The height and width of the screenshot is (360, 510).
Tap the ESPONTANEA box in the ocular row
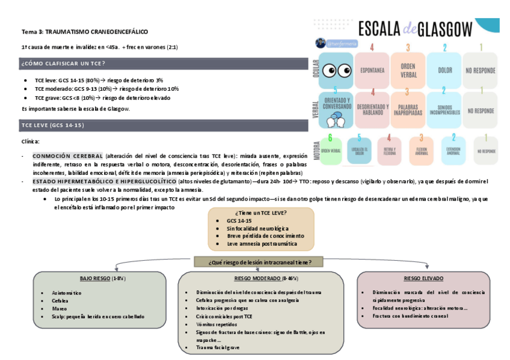tap(372, 70)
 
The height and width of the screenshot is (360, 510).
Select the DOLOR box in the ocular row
tap(444, 70)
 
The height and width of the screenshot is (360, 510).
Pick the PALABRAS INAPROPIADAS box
tap(408, 108)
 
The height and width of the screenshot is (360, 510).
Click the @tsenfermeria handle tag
tap(339, 43)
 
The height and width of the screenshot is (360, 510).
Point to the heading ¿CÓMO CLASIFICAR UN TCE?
tap(63, 64)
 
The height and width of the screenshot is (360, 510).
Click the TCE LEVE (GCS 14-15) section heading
tap(53, 125)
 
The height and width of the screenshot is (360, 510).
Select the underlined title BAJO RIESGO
tap(94, 279)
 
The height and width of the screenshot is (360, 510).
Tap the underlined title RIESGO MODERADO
tap(257, 279)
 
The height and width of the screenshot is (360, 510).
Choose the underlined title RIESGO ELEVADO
tap(424, 279)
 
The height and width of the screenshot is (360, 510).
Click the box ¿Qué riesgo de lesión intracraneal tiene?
tap(260, 262)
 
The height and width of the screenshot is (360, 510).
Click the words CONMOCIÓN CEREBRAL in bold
tap(68, 156)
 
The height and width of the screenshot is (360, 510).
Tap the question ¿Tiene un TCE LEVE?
tap(261, 213)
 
